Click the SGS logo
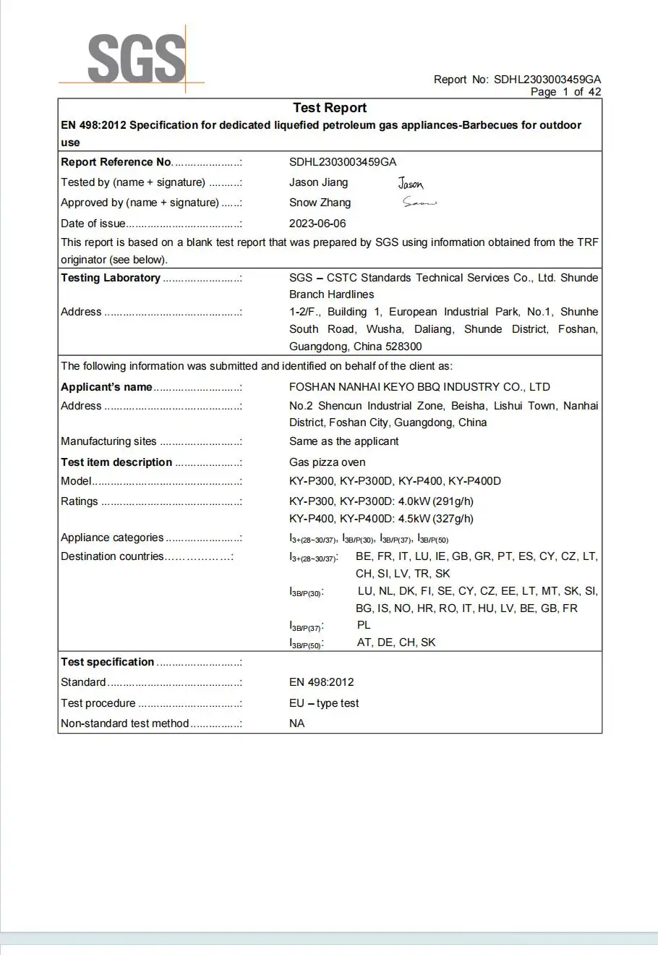click(136, 59)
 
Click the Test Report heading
click(330, 108)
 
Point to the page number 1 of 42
click(565, 92)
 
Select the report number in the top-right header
click(547, 80)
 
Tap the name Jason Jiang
click(318, 182)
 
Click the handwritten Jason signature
click(411, 184)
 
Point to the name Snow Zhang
click(320, 203)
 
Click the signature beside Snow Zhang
click(419, 203)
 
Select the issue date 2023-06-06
click(317, 224)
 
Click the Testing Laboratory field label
click(111, 278)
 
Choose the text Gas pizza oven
click(327, 462)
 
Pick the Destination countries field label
click(112, 556)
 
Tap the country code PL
click(363, 625)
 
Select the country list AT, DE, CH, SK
click(396, 642)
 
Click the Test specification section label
click(107, 662)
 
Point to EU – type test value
click(324, 703)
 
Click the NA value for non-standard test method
click(296, 723)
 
